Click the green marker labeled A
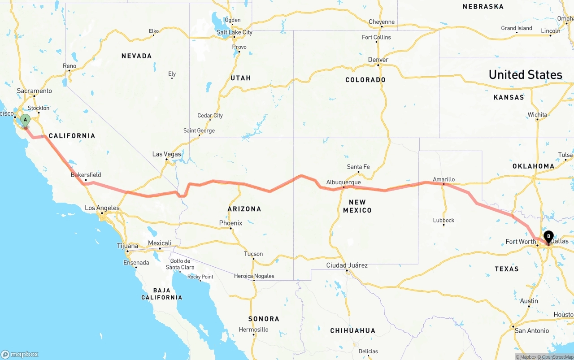(26, 120)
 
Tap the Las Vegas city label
(167, 154)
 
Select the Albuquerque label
(344, 182)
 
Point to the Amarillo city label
(444, 179)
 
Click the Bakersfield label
(86, 175)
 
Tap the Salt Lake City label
(235, 32)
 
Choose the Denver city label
(378, 60)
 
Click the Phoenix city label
(230, 223)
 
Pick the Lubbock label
(444, 220)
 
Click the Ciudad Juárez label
(347, 265)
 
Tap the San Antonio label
(531, 331)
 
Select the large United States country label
(525, 75)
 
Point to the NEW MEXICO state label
(357, 206)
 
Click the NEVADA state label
(136, 56)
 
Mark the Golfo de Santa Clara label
(180, 264)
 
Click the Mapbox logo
(19, 354)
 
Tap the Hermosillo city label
(254, 330)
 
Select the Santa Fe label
(358, 167)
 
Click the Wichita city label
(537, 115)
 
